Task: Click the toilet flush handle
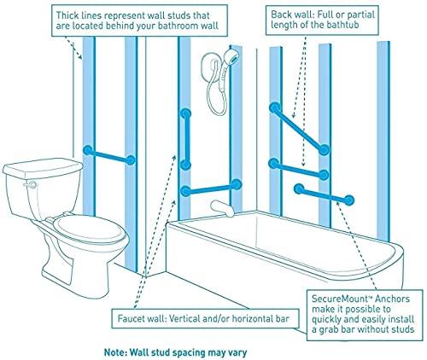(x=31, y=184)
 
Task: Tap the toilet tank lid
(x=43, y=168)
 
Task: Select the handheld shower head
(x=232, y=56)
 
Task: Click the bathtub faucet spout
(x=222, y=208)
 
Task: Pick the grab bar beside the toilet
(x=109, y=155)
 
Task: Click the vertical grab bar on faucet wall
(x=185, y=139)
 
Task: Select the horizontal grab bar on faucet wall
(x=211, y=188)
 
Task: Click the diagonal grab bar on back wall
(x=300, y=129)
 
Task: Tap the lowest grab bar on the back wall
(x=325, y=195)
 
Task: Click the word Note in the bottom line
(x=114, y=352)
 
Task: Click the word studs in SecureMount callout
(x=402, y=329)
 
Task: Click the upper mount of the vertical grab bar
(x=185, y=114)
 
